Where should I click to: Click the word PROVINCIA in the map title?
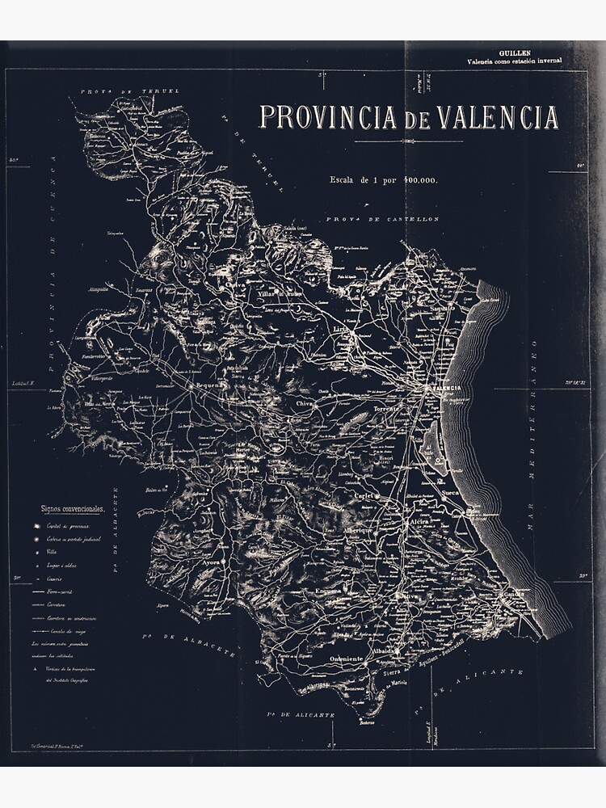click(x=328, y=118)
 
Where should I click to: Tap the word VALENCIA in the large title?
click(x=498, y=118)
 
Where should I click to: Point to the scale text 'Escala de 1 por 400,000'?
click(x=383, y=179)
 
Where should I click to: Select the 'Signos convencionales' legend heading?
click(x=73, y=510)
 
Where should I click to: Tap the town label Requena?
click(x=207, y=386)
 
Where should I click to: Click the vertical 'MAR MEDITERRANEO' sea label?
click(x=533, y=452)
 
